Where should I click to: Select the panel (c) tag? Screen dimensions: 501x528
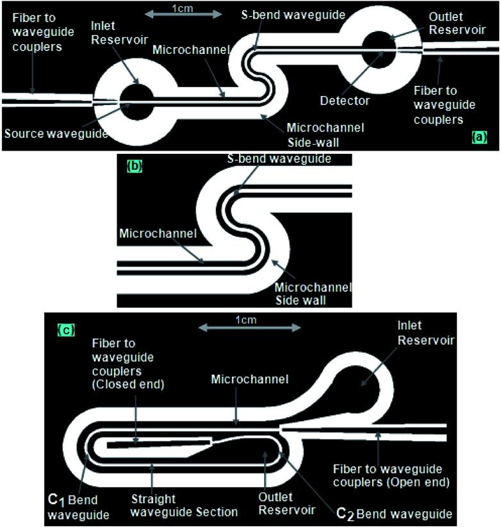point(66,330)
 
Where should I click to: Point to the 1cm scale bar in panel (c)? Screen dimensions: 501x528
point(249,327)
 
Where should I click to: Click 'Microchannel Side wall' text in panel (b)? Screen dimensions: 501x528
point(314,292)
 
